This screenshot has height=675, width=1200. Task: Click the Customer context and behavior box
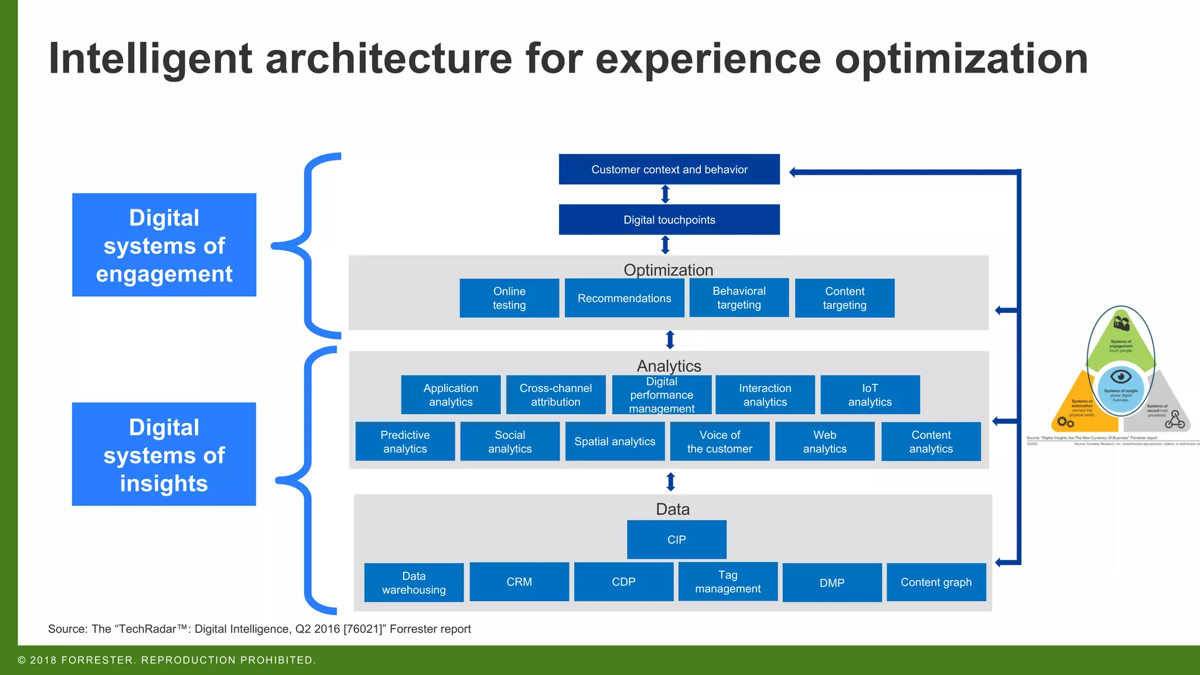point(669,169)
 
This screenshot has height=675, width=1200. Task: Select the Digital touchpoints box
point(669,220)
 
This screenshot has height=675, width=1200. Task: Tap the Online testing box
point(509,298)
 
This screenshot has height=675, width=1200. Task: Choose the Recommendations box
point(624,298)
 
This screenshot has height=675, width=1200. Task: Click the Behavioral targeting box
point(739,298)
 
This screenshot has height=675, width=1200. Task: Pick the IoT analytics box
point(870,395)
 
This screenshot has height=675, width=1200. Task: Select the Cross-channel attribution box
point(555,395)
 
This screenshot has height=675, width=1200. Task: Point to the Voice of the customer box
point(720,442)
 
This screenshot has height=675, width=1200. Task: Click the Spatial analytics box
point(615,442)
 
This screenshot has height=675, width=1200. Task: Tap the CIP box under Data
point(677,540)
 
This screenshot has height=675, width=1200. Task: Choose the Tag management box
point(728,582)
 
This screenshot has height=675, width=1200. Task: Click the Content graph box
point(936,582)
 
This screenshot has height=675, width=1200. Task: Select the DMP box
point(832,582)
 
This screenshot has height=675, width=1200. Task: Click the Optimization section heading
point(669,270)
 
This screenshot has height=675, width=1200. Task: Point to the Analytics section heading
point(669,366)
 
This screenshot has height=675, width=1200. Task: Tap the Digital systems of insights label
point(164,455)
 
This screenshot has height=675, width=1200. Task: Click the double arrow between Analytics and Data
point(671,482)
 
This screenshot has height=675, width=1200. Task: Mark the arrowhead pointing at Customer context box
point(793,172)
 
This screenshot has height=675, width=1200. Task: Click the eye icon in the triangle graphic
point(1120,376)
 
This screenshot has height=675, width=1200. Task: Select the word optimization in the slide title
point(961,59)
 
